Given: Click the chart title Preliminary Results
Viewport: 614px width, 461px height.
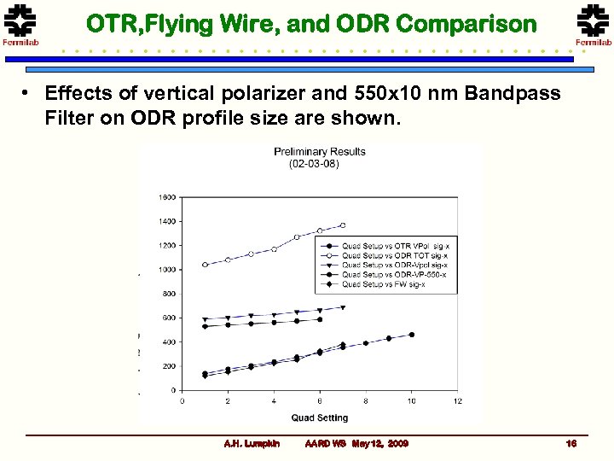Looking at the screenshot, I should (x=320, y=152).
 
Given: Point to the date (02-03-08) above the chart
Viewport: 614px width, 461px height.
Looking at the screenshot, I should (x=314, y=163).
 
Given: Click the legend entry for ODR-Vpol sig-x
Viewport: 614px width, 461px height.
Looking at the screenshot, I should (x=388, y=265).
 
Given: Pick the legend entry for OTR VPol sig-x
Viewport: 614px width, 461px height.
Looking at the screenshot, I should (x=388, y=245).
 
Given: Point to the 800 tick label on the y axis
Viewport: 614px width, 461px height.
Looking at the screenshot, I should (x=169, y=294).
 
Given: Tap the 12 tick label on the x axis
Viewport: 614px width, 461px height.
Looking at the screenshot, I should (x=458, y=400).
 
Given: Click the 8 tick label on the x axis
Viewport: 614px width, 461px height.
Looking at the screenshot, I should (x=366, y=400).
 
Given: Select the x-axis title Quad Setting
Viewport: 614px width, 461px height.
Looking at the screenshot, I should (x=320, y=417).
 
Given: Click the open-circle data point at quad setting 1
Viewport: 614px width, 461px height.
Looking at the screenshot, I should (x=205, y=265).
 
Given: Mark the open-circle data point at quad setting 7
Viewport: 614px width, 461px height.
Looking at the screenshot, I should (x=343, y=225).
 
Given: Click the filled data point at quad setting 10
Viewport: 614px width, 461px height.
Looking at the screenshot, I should (x=412, y=335).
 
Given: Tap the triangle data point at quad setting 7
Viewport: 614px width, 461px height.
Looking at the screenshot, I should (x=343, y=307).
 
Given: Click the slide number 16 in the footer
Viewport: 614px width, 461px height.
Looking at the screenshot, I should (x=571, y=444).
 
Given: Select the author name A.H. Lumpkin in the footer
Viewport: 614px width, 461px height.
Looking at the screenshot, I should (x=246, y=444).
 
